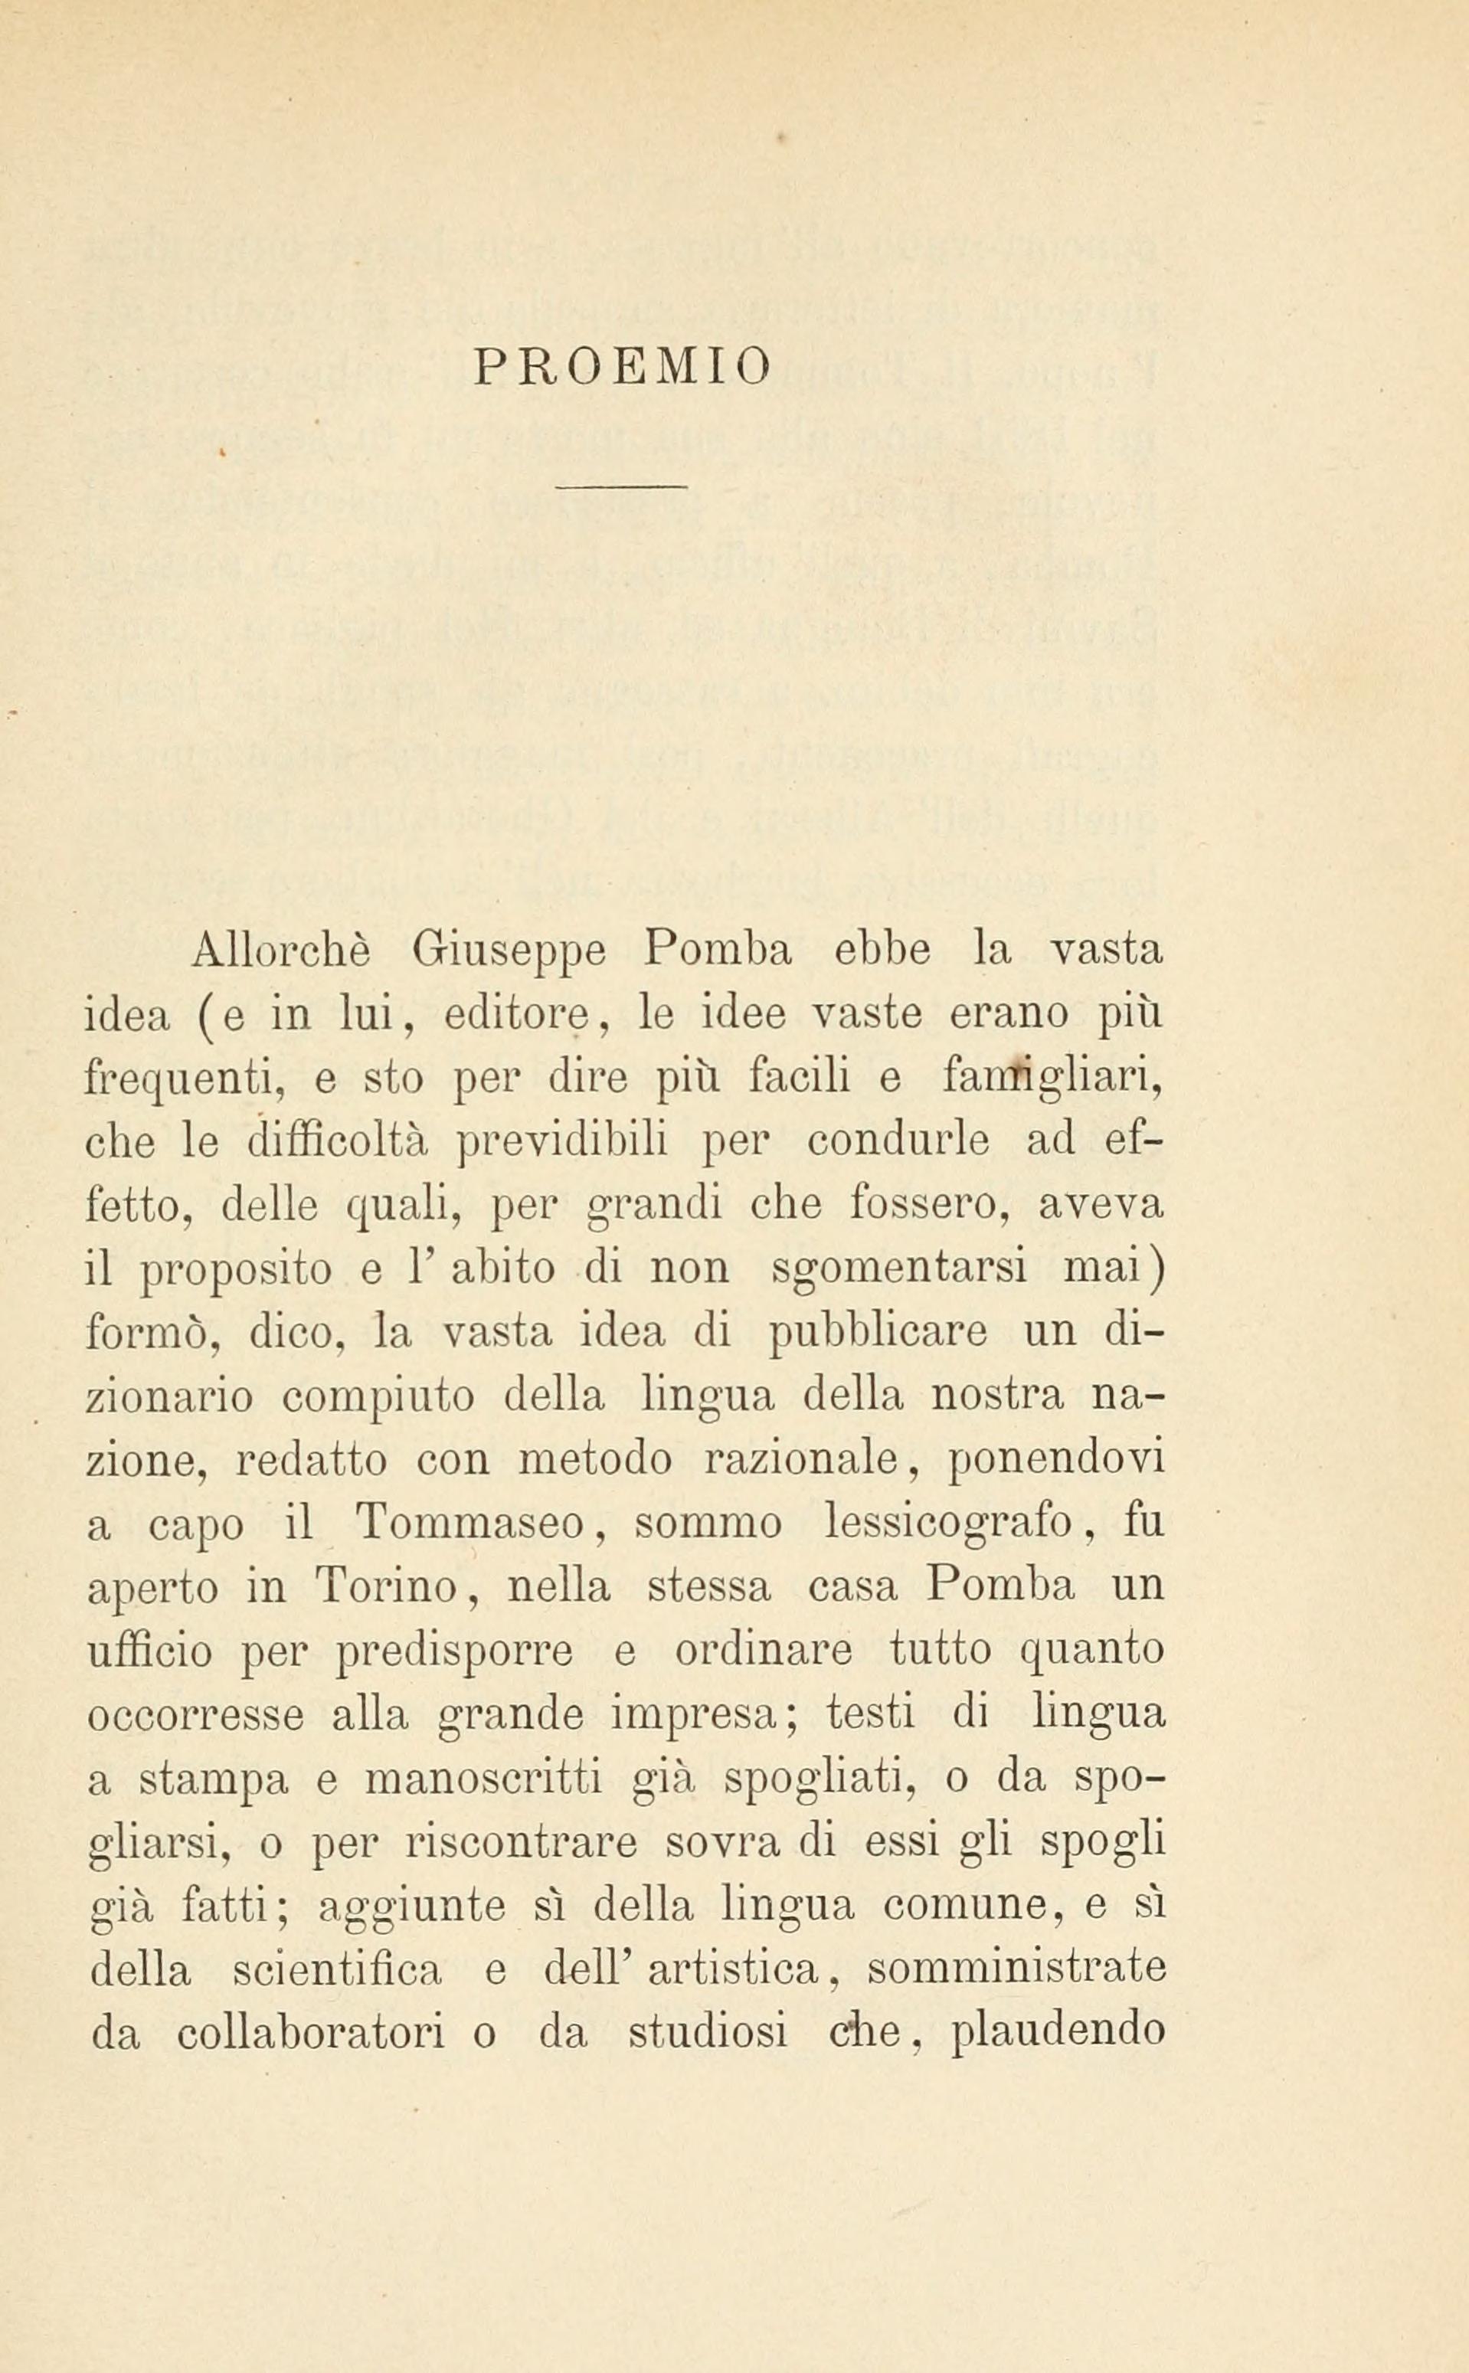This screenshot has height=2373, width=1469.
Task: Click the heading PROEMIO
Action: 623,366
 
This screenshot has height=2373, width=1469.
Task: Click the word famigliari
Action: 1053,1080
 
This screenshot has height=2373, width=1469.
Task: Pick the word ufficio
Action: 149,1651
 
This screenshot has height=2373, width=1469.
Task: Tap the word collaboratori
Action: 311,2032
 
